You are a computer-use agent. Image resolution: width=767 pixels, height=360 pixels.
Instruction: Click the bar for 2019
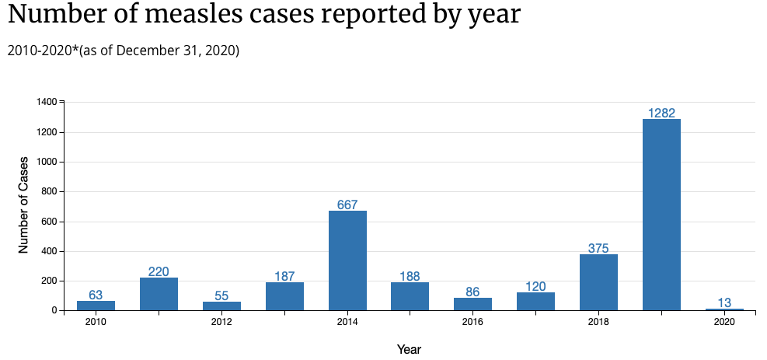(661, 215)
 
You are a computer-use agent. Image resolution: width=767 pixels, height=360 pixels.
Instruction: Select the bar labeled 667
(347, 260)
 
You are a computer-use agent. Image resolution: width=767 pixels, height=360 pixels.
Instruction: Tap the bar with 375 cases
(598, 282)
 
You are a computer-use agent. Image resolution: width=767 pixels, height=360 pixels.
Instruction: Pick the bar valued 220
(159, 294)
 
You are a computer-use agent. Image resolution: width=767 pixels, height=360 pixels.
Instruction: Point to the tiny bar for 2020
(724, 309)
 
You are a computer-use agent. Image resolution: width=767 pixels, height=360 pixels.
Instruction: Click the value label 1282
(661, 114)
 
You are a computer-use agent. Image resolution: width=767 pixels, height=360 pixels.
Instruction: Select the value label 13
(724, 303)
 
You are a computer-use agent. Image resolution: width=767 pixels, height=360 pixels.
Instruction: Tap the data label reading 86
(472, 292)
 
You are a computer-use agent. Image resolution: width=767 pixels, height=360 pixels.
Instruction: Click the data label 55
(221, 296)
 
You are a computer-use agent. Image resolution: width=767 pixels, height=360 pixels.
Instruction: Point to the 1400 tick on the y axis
(47, 102)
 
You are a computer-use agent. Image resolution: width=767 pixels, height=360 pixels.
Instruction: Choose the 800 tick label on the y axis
(50, 191)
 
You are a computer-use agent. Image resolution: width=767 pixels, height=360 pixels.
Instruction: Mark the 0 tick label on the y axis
(54, 310)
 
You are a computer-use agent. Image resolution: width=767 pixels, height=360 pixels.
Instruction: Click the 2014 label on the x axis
(347, 322)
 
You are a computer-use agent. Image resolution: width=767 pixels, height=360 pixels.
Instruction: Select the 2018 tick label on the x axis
(598, 322)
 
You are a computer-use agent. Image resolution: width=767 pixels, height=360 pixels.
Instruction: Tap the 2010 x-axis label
(96, 322)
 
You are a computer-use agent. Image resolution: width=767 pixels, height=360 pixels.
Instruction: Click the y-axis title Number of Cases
(23, 206)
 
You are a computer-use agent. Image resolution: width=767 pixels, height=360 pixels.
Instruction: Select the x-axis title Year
(409, 349)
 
